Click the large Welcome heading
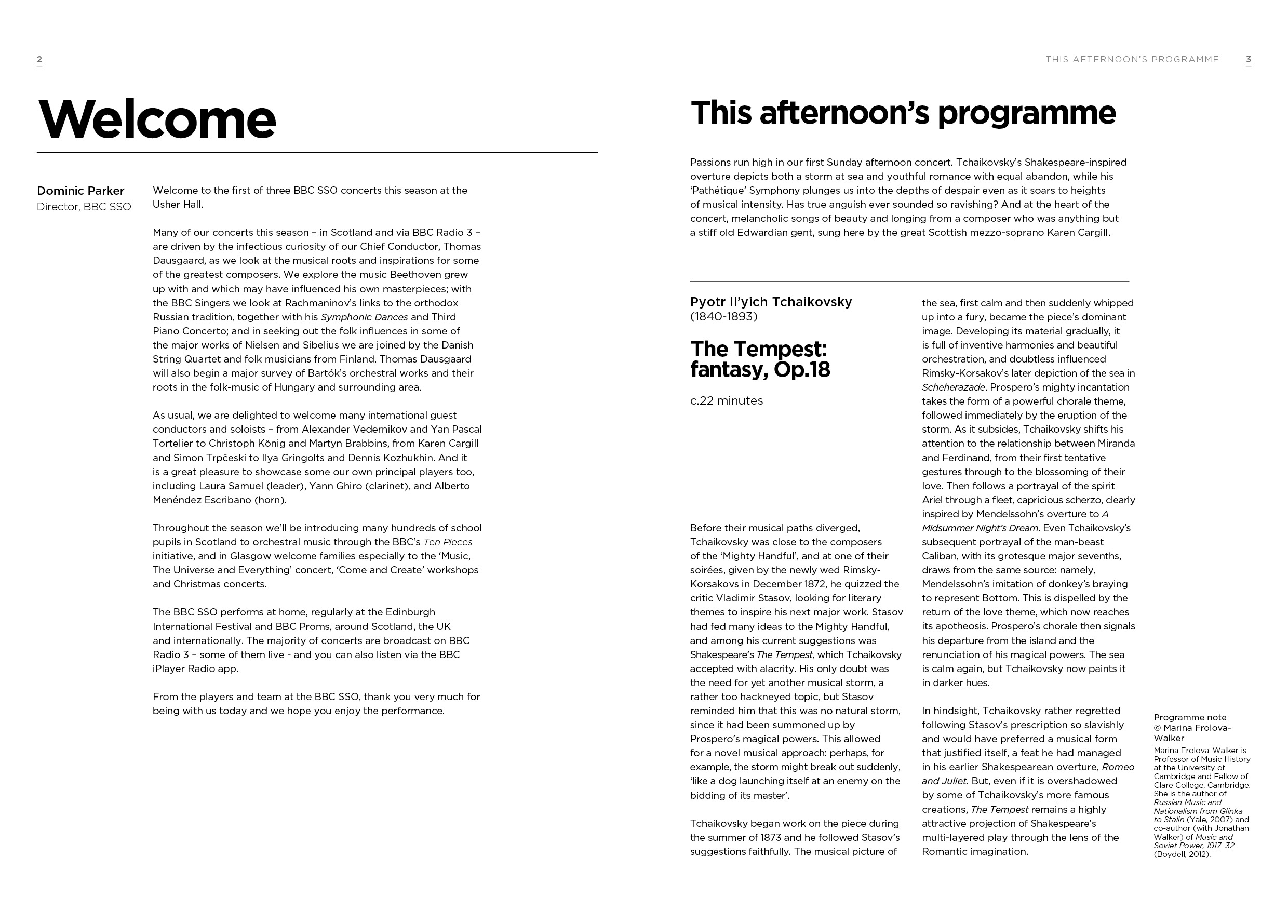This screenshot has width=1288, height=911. click(156, 119)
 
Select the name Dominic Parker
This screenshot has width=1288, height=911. click(80, 191)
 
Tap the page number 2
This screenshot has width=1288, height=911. click(39, 59)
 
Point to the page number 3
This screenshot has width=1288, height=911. click(1248, 59)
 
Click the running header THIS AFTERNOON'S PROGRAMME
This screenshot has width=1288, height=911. click(1132, 59)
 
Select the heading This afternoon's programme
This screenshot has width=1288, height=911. click(903, 113)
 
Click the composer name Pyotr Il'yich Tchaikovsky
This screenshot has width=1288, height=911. click(771, 302)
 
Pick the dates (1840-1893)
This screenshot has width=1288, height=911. click(723, 316)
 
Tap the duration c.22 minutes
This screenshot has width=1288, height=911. click(727, 400)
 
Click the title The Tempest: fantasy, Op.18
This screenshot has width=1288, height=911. click(760, 359)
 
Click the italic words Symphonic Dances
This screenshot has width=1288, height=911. click(364, 317)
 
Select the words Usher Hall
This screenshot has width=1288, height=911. click(177, 204)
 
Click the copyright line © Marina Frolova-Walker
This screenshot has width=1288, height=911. click(1192, 733)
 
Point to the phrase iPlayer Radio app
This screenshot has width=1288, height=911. click(195, 668)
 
